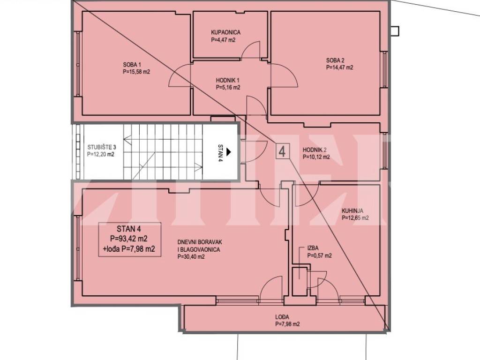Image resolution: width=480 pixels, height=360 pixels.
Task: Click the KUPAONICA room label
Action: point(225,32)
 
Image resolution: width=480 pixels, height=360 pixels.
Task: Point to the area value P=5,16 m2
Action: point(228,88)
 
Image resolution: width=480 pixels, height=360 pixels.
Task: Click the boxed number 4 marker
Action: point(282,151)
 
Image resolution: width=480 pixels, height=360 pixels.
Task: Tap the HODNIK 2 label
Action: point(315,150)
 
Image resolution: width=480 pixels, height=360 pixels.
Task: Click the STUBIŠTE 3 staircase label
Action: point(102,147)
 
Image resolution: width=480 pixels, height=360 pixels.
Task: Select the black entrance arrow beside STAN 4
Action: point(229,151)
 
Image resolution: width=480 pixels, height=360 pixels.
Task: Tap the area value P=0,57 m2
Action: point(320,256)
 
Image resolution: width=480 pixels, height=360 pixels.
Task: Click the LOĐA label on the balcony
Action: point(282,317)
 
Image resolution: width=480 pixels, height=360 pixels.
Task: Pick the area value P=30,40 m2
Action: point(191,257)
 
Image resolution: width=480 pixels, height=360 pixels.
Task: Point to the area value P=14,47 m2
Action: point(339,67)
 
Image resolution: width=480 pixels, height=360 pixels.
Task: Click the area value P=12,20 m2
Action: point(100,154)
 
